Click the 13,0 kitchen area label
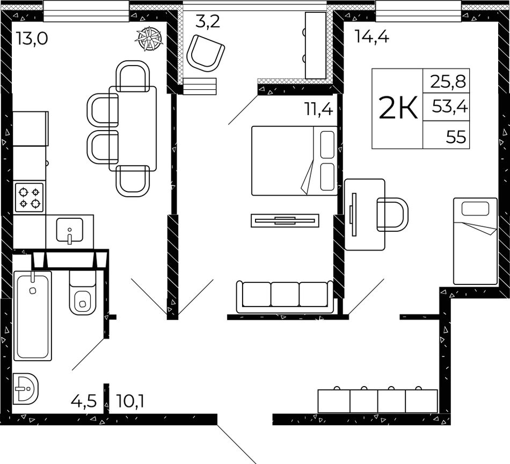click(x=32, y=39)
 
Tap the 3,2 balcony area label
click(x=208, y=22)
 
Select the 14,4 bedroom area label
click(x=372, y=36)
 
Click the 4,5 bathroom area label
click(x=84, y=401)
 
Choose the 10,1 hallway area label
click(x=130, y=401)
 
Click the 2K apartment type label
click(x=398, y=109)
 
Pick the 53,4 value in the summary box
click(x=450, y=106)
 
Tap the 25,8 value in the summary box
click(x=448, y=82)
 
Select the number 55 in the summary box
click(x=456, y=137)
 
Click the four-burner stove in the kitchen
click(x=29, y=198)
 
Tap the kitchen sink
click(x=70, y=230)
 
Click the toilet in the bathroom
click(x=83, y=293)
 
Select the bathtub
click(x=32, y=316)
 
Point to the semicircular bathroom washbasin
click(x=25, y=388)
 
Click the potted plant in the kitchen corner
click(x=148, y=38)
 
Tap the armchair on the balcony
click(x=207, y=53)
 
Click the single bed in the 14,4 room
click(x=475, y=241)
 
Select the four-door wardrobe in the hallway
click(x=377, y=400)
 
